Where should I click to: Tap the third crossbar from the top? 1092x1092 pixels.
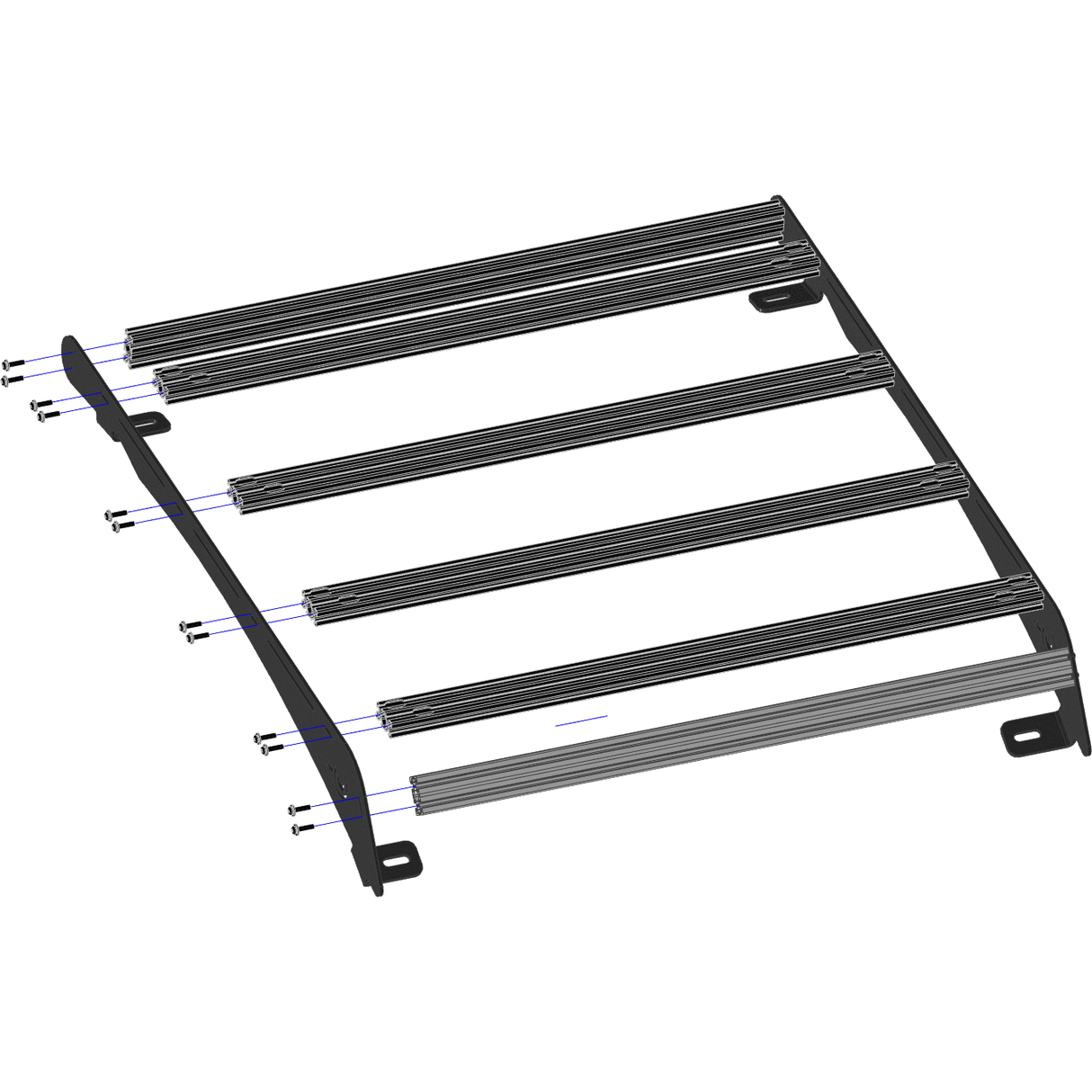point(558,432)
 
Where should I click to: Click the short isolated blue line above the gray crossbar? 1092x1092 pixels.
point(581,719)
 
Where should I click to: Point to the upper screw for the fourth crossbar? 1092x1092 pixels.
point(190,623)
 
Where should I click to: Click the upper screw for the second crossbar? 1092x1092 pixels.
point(41,402)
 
